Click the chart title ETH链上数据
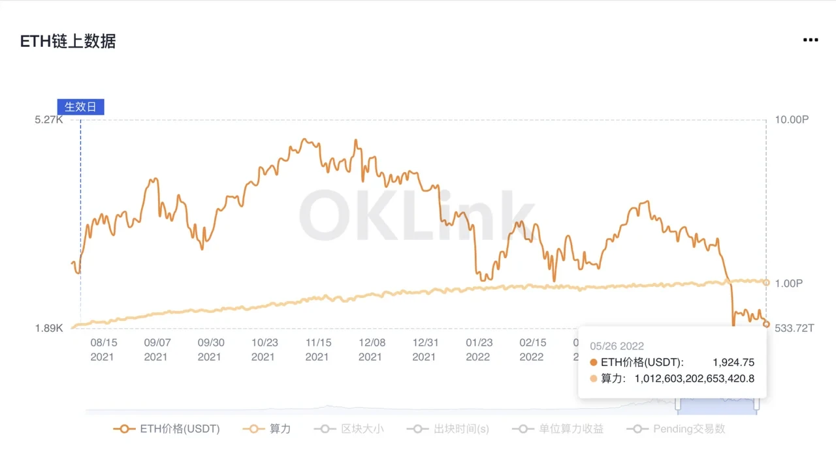tap(68, 41)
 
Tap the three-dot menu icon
tap(810, 40)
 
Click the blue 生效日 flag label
tap(80, 107)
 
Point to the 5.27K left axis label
tap(49, 120)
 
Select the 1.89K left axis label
tap(49, 328)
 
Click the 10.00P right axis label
tap(792, 120)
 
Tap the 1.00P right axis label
tap(788, 284)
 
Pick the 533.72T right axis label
tap(794, 328)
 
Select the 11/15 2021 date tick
tap(317, 350)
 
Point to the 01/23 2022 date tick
tap(478, 350)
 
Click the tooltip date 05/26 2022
tap(617, 346)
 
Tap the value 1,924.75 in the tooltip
tap(733, 363)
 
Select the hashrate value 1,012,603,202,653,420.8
tap(694, 378)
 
